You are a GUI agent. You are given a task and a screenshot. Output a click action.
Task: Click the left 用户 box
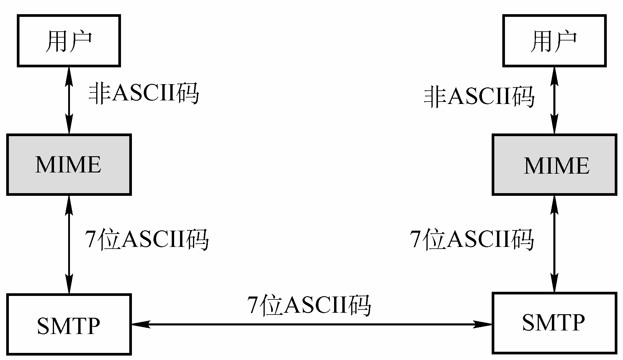[x=69, y=41]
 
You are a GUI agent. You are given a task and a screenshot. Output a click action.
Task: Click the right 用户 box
[x=554, y=41]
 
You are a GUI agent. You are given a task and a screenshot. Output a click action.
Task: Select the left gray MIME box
[x=69, y=165]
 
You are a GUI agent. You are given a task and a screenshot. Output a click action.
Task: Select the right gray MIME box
[x=554, y=165]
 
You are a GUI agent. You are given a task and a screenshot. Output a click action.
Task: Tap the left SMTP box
[x=69, y=324]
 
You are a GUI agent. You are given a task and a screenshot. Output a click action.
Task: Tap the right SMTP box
[x=554, y=322]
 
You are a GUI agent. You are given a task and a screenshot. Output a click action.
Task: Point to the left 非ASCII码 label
[x=144, y=94]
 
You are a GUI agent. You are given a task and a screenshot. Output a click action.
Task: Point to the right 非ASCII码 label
[x=479, y=97]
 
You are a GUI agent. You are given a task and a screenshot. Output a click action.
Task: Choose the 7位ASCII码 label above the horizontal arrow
[x=309, y=305]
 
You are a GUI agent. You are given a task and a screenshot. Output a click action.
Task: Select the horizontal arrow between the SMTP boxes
[x=312, y=325]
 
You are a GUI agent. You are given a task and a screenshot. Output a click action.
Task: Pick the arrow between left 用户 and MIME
[x=69, y=100]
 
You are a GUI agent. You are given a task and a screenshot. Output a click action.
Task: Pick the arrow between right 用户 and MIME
[x=554, y=100]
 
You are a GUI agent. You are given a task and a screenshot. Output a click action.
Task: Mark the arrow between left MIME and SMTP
[x=69, y=245]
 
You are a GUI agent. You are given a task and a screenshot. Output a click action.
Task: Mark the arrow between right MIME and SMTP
[x=554, y=244]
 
